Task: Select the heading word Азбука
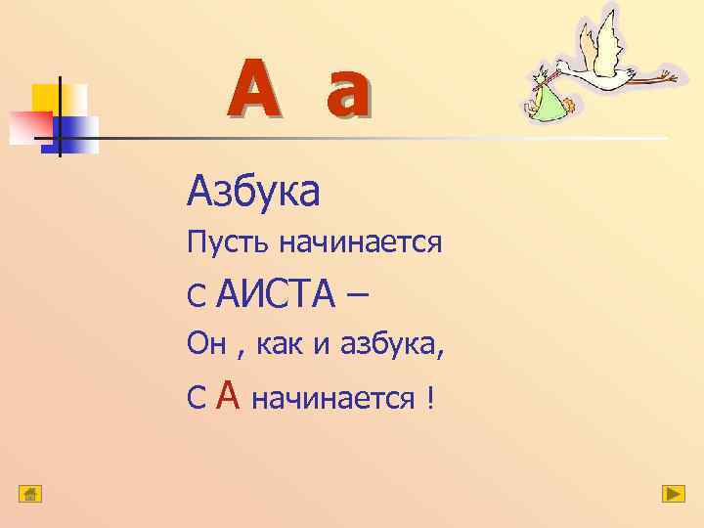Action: click(x=253, y=192)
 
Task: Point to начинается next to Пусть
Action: click(x=361, y=242)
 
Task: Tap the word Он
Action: click(x=206, y=344)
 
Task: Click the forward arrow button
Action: click(x=673, y=493)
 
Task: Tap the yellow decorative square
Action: click(x=49, y=99)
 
